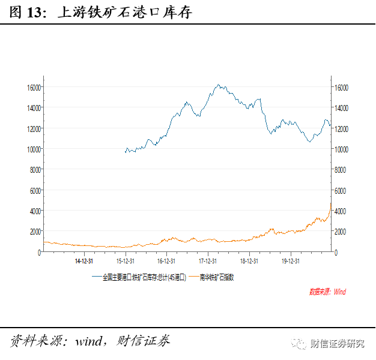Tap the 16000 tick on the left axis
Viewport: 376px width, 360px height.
pos(32,88)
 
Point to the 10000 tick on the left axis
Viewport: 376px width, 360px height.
pos(32,149)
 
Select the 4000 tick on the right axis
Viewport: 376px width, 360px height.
pos(341,211)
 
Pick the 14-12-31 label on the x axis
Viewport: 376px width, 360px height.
pos(83,261)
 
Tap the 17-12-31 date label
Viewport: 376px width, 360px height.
pos(207,261)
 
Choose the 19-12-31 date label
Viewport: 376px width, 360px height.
pos(290,261)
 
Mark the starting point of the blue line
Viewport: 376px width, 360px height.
pos(125,152)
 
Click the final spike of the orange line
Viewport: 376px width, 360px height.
pos(330,204)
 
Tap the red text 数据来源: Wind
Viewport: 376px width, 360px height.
pos(327,292)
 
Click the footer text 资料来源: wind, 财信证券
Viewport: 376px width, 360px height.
pos(90,341)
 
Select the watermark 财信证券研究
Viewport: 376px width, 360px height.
pos(337,344)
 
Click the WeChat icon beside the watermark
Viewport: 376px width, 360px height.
pos(298,344)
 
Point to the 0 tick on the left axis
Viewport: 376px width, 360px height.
pos(39,253)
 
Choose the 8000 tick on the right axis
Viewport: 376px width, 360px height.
pos(341,170)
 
